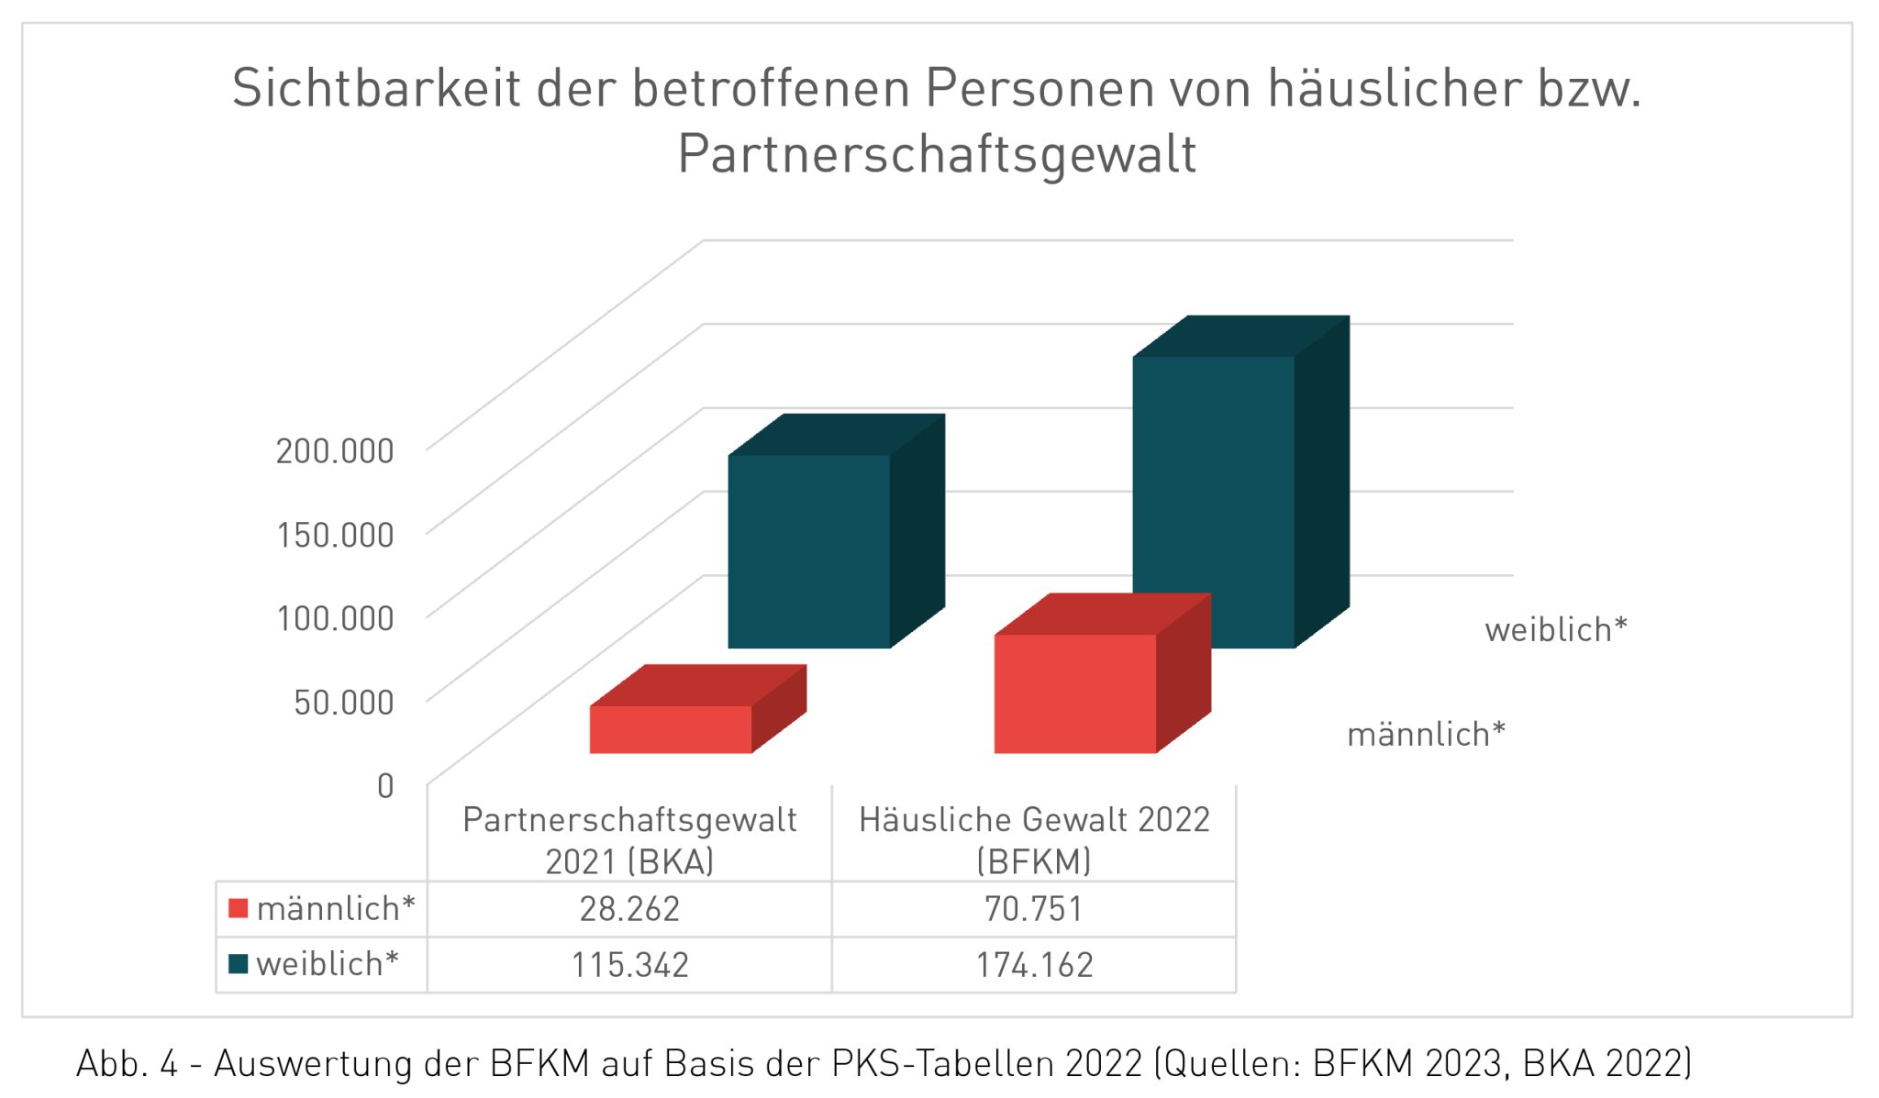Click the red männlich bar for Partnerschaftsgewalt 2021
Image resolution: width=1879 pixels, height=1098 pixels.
pos(670,729)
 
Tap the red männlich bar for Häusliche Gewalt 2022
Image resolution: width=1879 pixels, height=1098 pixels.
pos(1074,693)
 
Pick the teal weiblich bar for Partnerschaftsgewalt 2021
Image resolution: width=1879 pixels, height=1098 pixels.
pos(808,550)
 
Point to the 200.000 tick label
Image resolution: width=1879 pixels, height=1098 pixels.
pos(335,450)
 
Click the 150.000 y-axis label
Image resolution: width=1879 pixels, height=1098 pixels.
pos(335,535)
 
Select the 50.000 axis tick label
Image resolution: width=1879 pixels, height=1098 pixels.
pos(343,702)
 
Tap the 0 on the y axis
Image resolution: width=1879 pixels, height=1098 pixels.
pos(385,786)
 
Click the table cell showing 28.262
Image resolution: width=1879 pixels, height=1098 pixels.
pos(629,909)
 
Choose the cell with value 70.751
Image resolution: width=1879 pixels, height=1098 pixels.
pos(1034,909)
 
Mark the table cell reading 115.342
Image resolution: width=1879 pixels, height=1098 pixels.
pos(629,965)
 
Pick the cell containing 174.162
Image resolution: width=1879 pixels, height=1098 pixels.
pos(1034,965)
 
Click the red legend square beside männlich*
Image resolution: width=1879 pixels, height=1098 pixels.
pos(239,908)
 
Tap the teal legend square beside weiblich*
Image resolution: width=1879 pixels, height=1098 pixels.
pos(239,964)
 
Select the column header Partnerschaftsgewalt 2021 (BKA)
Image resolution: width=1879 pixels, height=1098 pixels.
pos(629,839)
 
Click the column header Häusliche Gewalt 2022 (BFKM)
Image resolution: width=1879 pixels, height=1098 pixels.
pos(1034,839)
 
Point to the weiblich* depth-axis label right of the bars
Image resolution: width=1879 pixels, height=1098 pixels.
pos(1555,630)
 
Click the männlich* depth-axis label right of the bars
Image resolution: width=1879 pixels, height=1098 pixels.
pos(1426,735)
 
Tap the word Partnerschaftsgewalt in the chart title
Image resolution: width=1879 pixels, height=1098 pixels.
pos(936,153)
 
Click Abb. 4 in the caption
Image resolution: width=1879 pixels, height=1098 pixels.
pos(126,1064)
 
